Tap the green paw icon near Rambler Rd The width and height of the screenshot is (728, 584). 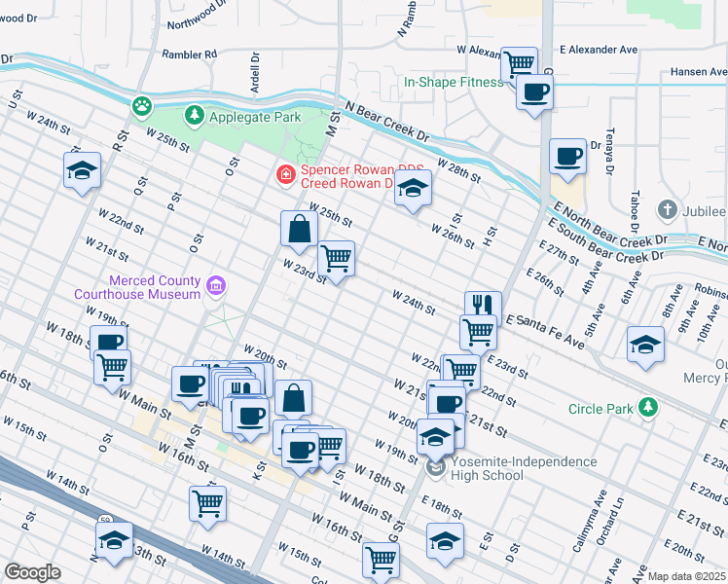click(x=143, y=103)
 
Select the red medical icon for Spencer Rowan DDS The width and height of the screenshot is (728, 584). click(x=285, y=175)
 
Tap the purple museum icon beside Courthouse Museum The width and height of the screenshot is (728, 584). click(x=216, y=287)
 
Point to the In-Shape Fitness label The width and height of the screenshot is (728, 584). click(x=454, y=83)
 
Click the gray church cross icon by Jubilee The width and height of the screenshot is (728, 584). click(x=668, y=210)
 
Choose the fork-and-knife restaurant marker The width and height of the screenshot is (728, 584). click(x=482, y=305)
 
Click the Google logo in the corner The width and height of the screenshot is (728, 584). click(x=32, y=572)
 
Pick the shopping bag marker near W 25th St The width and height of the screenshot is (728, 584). click(x=299, y=230)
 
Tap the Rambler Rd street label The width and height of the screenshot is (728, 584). click(x=189, y=55)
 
